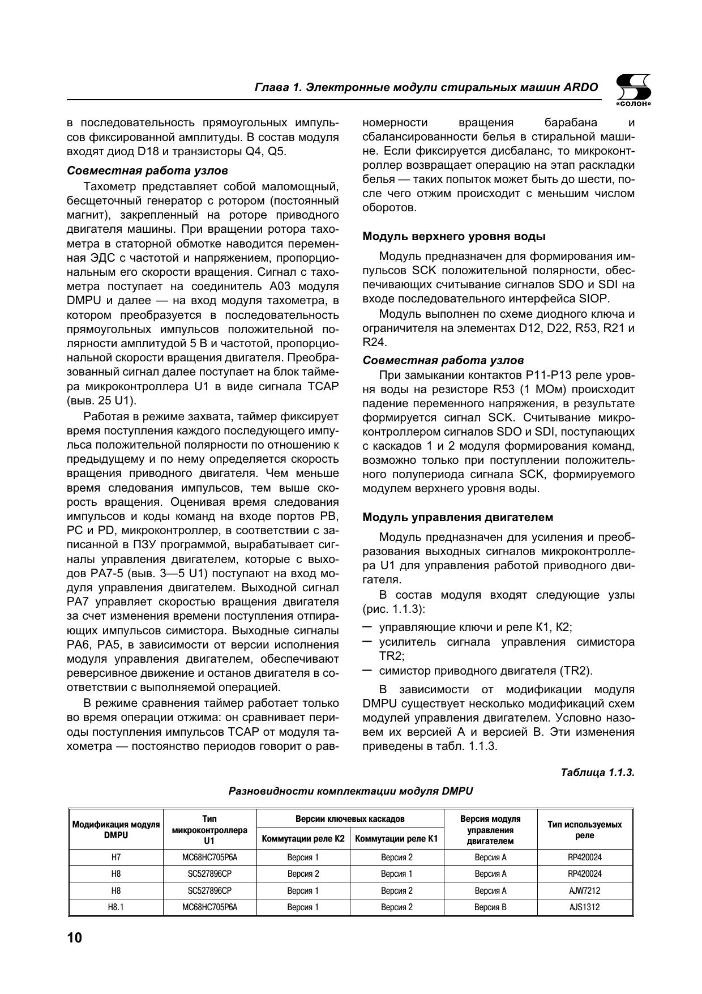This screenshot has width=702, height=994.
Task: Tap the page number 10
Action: pos(75,937)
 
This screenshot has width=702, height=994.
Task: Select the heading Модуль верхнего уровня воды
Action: pos(454,236)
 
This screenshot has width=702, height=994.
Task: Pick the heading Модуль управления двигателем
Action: pos(457,517)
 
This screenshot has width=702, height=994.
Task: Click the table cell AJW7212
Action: pos(585,890)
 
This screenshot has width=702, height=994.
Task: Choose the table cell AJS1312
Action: pos(585,907)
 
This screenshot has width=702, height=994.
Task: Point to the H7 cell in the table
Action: pos(116,858)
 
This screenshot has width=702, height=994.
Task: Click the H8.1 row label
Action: pos(116,907)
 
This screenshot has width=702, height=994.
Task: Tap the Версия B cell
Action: pos(490,907)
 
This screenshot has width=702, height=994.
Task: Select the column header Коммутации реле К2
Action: pos(303,839)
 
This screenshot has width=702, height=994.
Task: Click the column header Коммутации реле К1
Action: pos(396,839)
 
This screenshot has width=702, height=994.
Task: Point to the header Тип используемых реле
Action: pos(585,830)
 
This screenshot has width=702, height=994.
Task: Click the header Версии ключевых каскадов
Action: pos(350,819)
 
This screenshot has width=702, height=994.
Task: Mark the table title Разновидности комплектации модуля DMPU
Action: pos(350,791)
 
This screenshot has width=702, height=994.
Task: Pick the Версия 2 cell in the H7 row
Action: pos(396,858)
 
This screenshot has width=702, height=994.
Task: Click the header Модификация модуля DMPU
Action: pos(116,830)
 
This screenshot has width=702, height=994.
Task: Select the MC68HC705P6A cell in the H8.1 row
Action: pos(209,907)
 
